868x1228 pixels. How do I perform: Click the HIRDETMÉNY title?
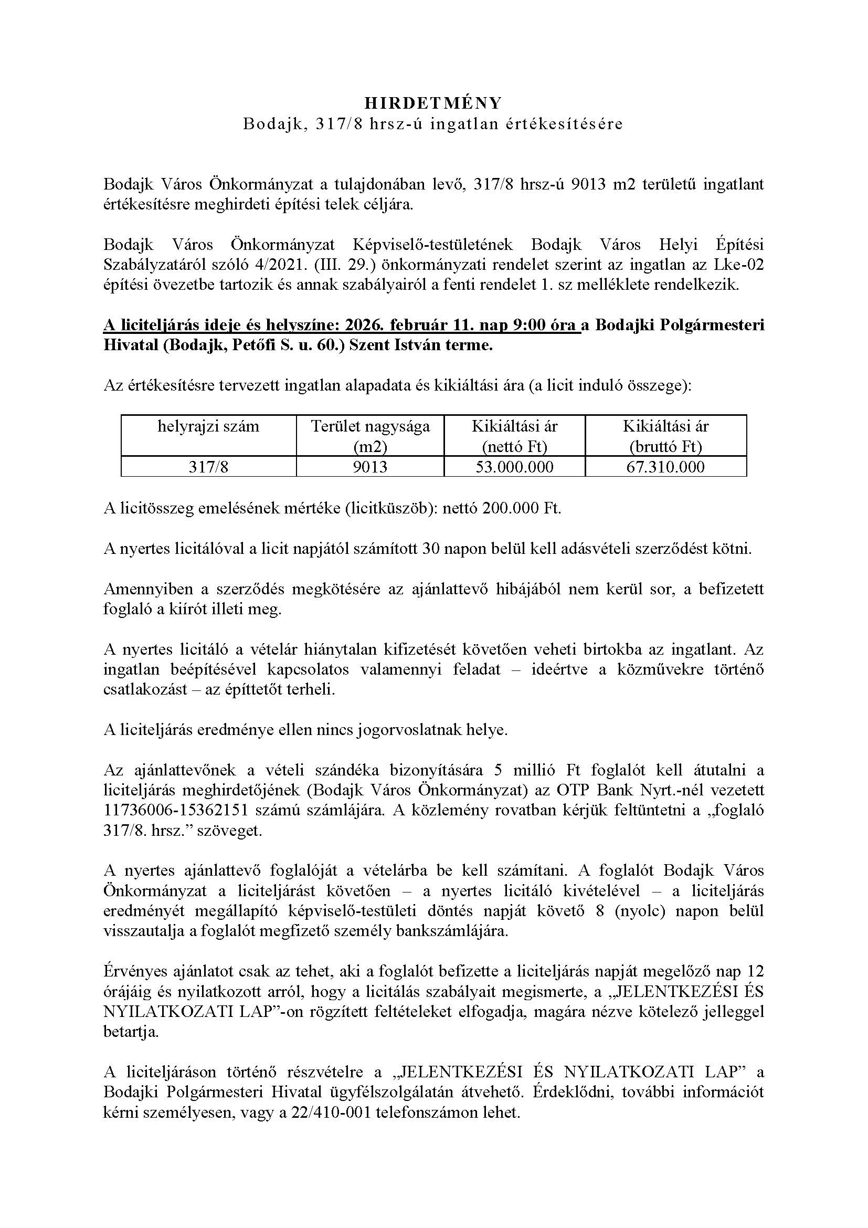tap(433, 103)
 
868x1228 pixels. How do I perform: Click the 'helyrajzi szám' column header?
tap(208, 426)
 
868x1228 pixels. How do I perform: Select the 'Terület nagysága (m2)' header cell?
tap(371, 436)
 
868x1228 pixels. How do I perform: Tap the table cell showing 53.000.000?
tap(515, 467)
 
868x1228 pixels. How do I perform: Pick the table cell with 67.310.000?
tap(665, 467)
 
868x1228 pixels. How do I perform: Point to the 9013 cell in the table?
tap(371, 467)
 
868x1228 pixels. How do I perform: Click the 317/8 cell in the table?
tap(208, 467)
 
